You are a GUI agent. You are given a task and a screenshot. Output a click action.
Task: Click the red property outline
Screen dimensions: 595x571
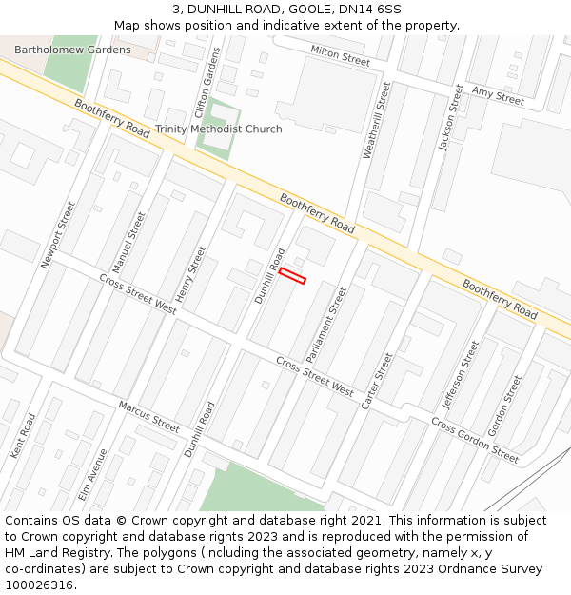coord(292,276)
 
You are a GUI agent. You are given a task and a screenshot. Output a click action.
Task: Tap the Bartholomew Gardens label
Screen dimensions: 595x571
coord(72,50)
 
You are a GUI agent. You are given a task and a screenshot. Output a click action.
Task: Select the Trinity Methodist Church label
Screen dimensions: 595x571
coord(219,129)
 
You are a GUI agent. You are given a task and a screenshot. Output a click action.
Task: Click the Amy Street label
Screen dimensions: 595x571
coord(498,96)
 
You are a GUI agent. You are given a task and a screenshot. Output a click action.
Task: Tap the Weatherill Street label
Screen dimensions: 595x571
coord(377,120)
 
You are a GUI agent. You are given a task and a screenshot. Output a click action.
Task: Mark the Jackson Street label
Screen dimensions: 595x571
coord(450,117)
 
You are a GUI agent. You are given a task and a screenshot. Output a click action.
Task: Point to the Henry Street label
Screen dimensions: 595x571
coord(190,275)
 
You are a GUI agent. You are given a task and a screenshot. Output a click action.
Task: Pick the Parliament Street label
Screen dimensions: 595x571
coord(325,325)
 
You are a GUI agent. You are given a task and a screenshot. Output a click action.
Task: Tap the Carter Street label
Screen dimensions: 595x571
coord(377,381)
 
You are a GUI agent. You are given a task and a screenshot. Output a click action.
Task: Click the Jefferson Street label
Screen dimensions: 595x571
coord(461,374)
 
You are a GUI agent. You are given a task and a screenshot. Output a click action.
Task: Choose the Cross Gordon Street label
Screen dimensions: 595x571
coord(475,441)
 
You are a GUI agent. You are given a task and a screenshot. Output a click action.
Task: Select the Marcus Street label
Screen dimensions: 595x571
coord(149,417)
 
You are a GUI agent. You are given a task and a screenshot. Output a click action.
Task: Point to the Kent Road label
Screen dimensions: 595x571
coord(23,436)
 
